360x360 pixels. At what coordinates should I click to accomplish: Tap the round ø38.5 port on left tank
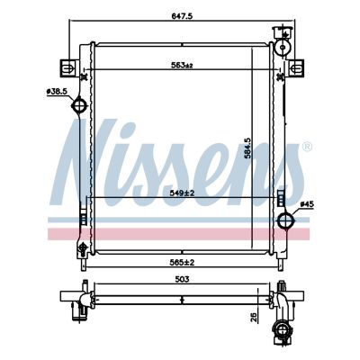pos(79,107)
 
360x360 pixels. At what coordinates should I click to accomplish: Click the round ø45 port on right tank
pos(287,221)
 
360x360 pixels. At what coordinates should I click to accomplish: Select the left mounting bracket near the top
pos(67,67)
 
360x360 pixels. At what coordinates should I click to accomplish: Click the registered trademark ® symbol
pos(306,146)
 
